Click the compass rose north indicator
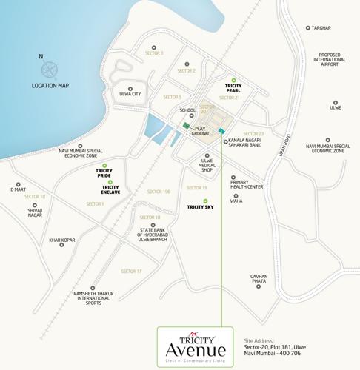pyautogui.click(x=50, y=70)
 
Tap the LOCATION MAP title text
pyautogui.click(x=50, y=86)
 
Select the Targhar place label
pyautogui.click(x=321, y=28)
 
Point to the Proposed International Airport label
pyautogui.click(x=329, y=60)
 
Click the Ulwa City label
pyautogui.click(x=130, y=94)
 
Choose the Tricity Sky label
pyautogui.click(x=201, y=208)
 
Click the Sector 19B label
pyautogui.click(x=159, y=192)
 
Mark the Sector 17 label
pyautogui.click(x=131, y=272)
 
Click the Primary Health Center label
pyautogui.click(x=247, y=185)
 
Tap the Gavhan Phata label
pyautogui.click(x=259, y=279)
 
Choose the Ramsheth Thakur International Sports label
pyautogui.click(x=93, y=298)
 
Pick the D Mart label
pyautogui.click(x=18, y=189)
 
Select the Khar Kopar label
pyautogui.click(x=62, y=240)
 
